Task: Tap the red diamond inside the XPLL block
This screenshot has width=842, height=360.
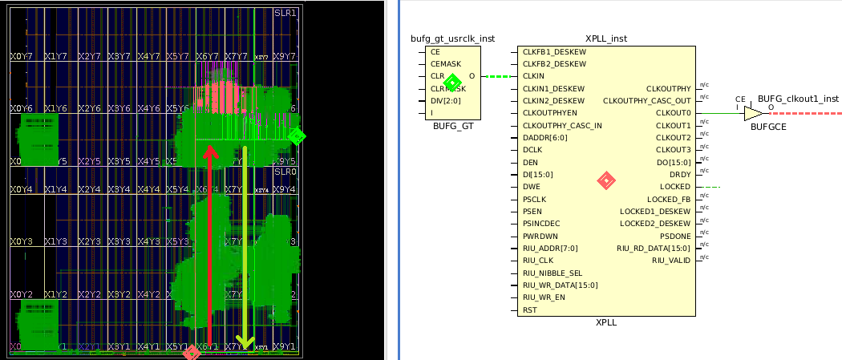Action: click(606, 181)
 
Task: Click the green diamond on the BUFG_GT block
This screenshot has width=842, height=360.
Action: click(452, 82)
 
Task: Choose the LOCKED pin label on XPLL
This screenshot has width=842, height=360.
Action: click(674, 186)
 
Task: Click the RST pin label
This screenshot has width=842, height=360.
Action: click(529, 309)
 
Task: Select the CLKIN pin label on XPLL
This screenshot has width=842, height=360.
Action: click(533, 76)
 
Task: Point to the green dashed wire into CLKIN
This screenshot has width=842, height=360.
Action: click(498, 77)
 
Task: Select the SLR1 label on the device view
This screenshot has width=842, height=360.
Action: click(285, 14)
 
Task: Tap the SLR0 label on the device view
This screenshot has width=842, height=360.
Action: click(285, 172)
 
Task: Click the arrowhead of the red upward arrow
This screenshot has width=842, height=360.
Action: click(210, 150)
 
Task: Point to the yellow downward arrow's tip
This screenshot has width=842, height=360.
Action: click(245, 346)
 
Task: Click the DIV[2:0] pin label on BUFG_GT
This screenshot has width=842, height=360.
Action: click(445, 101)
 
